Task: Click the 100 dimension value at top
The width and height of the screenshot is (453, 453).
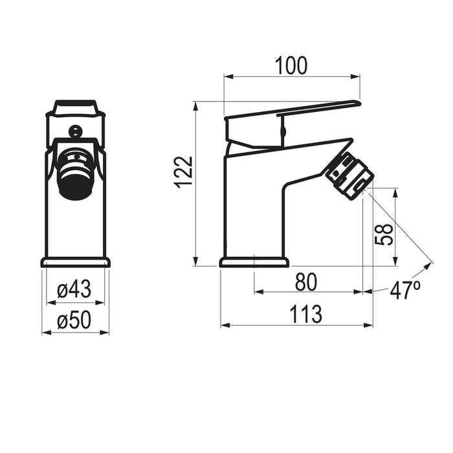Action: pos(291,65)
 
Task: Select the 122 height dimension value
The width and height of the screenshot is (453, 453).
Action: pos(184,173)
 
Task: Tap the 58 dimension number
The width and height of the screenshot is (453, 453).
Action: pos(384,234)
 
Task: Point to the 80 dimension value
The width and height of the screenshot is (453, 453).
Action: pos(306,282)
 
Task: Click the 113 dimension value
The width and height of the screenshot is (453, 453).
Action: pos(305,314)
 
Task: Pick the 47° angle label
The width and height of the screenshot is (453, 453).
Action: pos(405,290)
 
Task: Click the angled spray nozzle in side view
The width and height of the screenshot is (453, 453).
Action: pos(350,175)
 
